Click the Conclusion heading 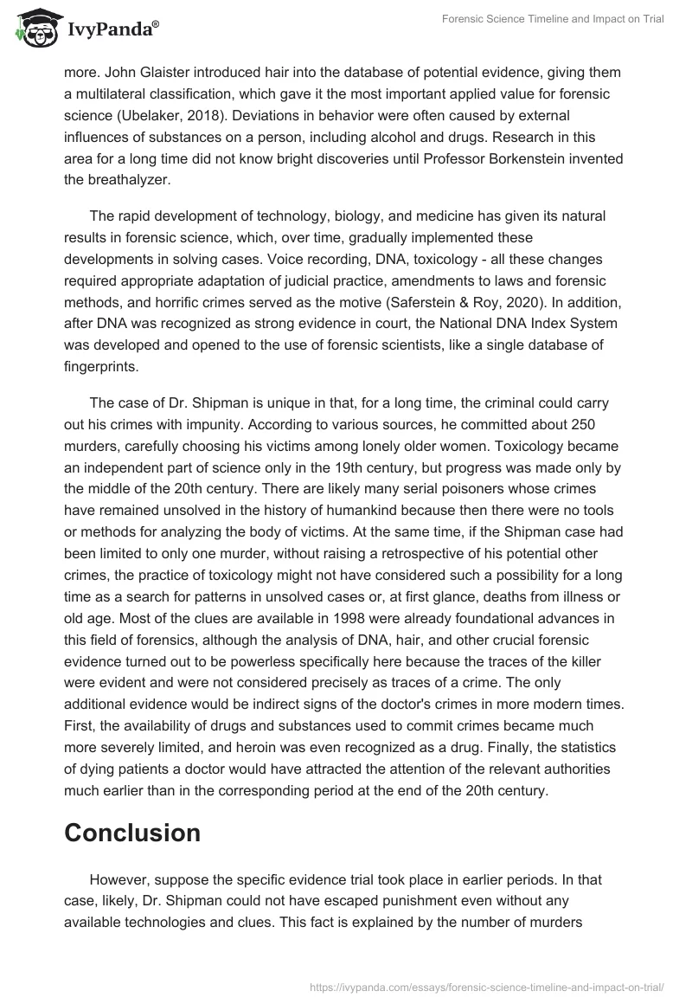(x=132, y=833)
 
